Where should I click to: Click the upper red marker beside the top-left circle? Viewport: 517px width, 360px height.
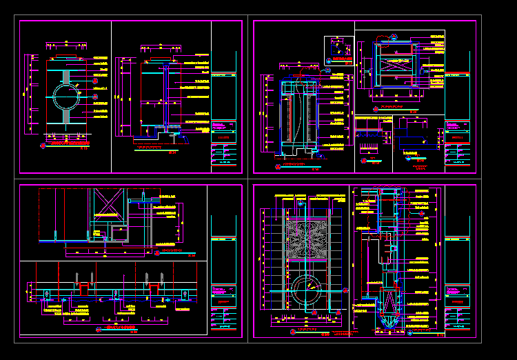click(x=95, y=81)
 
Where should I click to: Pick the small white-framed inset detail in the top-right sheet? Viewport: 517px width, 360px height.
click(x=338, y=50)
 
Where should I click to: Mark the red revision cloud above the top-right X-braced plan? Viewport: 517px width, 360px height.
click(x=393, y=36)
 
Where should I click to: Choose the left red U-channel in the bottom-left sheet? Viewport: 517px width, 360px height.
click(x=84, y=288)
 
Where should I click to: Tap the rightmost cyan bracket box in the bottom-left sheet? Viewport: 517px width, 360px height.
click(x=185, y=295)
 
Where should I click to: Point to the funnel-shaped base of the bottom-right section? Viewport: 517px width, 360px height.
click(x=388, y=320)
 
